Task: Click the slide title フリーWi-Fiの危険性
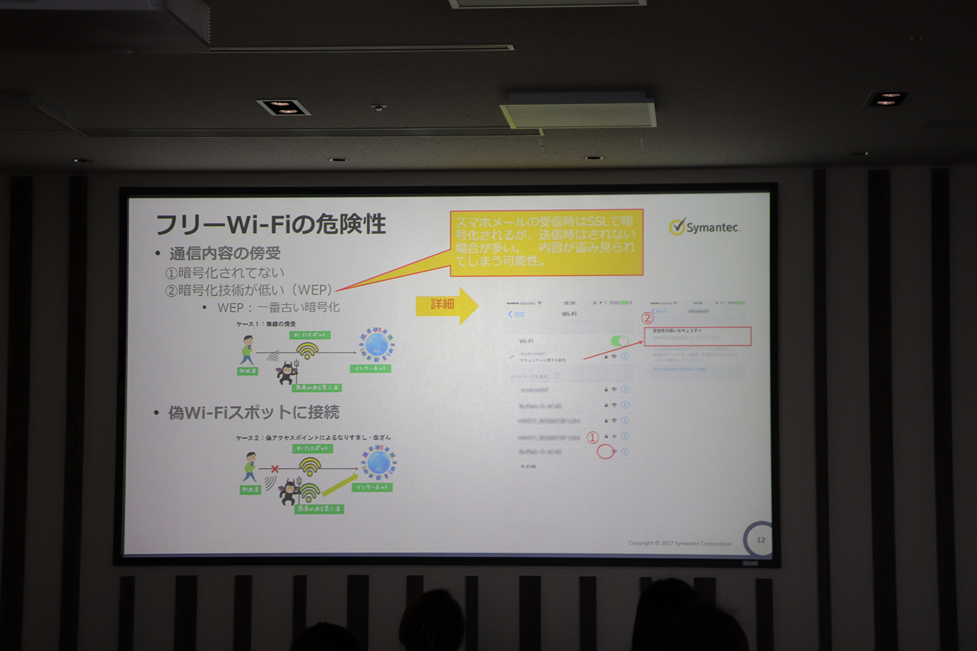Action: coord(271,225)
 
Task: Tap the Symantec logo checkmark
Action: coord(677,226)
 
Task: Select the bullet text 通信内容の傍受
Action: coord(225,253)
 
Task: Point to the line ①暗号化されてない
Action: coord(225,272)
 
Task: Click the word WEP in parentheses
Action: coord(314,290)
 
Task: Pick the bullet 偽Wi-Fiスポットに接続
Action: coord(253,412)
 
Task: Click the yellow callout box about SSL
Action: coord(546,242)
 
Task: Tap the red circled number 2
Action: coord(647,317)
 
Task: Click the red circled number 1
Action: coord(592,437)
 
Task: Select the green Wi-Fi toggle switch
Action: coord(619,341)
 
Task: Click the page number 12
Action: coord(760,539)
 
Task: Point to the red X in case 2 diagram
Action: coord(275,469)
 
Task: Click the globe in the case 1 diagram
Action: coord(376,345)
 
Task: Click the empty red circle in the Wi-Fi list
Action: coord(605,451)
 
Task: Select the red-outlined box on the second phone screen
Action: coord(697,336)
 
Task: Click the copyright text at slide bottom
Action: coord(680,543)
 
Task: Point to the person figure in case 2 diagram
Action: coord(250,467)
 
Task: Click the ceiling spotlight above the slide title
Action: coord(283,107)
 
